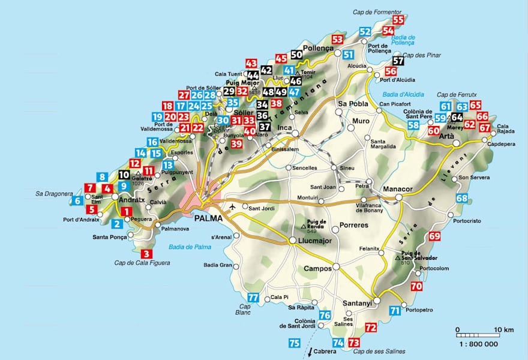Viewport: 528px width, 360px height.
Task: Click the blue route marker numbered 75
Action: click(294, 343)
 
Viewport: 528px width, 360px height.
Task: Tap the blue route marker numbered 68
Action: click(461, 199)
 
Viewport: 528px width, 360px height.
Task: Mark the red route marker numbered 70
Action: click(416, 287)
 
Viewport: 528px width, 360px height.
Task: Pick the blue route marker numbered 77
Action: click(254, 298)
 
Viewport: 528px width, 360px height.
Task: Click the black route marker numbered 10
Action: click(124, 175)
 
